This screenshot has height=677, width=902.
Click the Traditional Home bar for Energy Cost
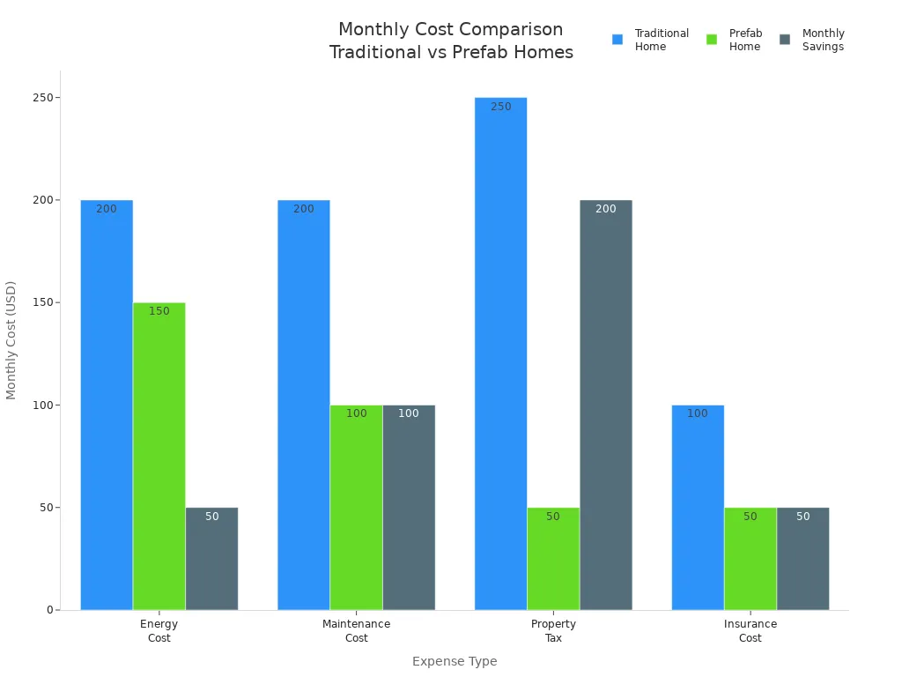pyautogui.click(x=107, y=405)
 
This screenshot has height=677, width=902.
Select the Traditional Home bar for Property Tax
pyautogui.click(x=500, y=353)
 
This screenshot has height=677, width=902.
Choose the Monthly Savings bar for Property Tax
pyautogui.click(x=606, y=405)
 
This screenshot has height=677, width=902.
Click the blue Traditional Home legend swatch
pyautogui.click(x=617, y=40)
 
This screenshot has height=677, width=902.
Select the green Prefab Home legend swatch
pyautogui.click(x=712, y=40)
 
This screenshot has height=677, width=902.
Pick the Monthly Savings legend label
pyautogui.click(x=823, y=40)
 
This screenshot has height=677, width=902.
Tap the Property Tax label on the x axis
pyautogui.click(x=553, y=630)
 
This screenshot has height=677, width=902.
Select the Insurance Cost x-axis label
pyautogui.click(x=750, y=630)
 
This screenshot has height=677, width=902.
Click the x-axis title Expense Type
pyautogui.click(x=455, y=661)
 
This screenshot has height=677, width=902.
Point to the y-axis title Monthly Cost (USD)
pyautogui.click(x=11, y=340)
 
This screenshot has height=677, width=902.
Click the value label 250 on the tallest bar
pyautogui.click(x=500, y=107)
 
